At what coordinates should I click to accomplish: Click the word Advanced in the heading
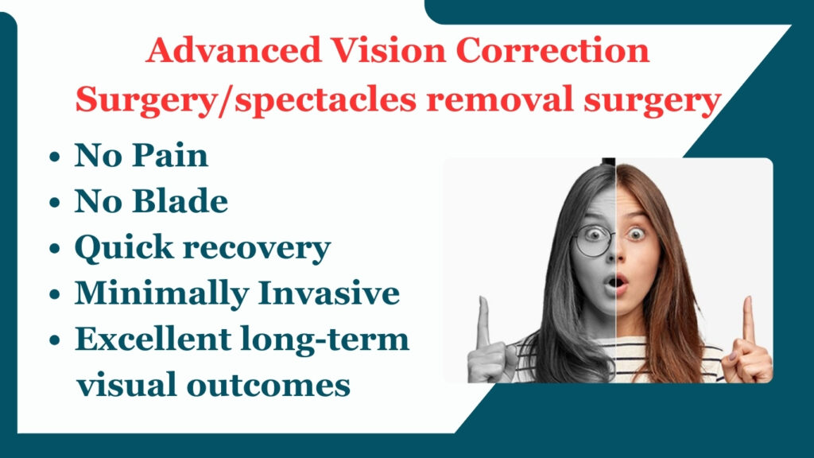tap(233, 50)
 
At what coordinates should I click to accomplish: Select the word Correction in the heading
tap(553, 50)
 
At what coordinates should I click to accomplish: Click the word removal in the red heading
tap(499, 99)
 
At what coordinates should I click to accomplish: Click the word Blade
tap(180, 201)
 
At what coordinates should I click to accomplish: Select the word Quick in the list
tap(123, 248)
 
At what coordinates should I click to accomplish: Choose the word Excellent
tap(153, 339)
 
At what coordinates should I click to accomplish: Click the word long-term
tap(325, 340)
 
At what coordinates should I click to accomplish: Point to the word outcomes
tap(269, 386)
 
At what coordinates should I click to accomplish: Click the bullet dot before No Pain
tap(55, 157)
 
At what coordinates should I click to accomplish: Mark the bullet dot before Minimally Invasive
tap(55, 294)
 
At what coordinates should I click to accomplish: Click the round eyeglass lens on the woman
tap(593, 240)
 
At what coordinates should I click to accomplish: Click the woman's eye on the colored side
tap(635, 235)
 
